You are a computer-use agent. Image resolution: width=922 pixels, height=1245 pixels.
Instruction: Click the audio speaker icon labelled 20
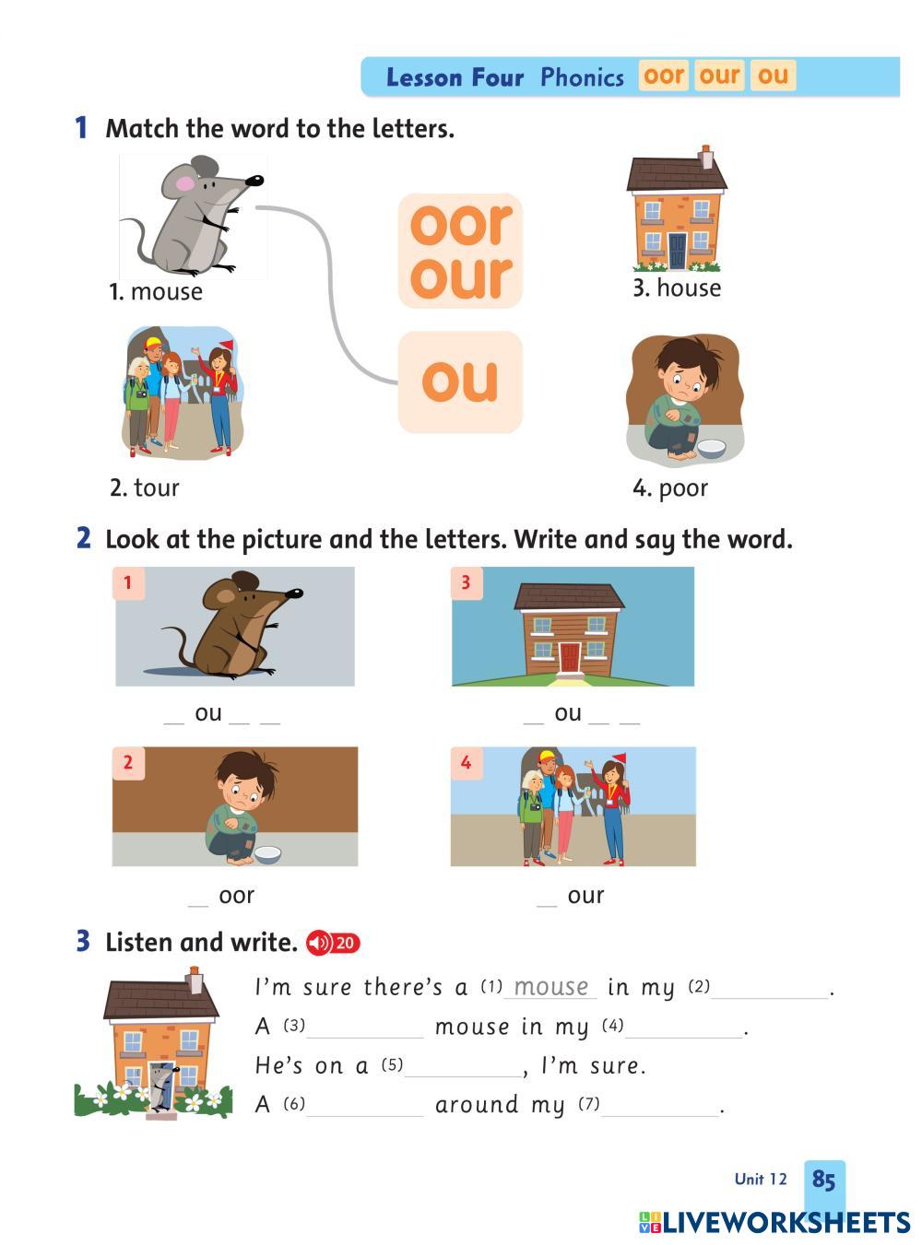click(333, 943)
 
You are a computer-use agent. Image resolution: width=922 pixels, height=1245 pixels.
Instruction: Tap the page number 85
click(823, 1179)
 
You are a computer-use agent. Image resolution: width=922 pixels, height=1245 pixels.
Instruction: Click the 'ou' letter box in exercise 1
click(460, 382)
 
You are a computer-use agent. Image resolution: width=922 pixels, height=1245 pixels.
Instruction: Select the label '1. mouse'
click(156, 292)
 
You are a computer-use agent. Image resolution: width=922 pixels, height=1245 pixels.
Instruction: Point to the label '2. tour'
click(145, 487)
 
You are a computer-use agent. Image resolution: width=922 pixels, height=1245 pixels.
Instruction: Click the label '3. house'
click(677, 288)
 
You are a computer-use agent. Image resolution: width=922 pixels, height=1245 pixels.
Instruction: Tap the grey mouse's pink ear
click(184, 183)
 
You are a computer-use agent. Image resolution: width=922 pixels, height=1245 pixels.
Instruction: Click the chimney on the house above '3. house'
click(705, 157)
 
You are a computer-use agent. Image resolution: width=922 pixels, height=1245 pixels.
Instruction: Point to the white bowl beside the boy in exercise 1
click(711, 448)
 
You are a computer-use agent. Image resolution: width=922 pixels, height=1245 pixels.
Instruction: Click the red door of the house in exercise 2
click(569, 657)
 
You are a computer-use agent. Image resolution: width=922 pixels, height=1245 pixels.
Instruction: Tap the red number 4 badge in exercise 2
click(466, 763)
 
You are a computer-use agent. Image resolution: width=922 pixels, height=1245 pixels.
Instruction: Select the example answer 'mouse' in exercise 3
click(551, 987)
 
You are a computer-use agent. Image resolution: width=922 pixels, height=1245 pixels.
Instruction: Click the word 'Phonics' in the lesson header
click(582, 76)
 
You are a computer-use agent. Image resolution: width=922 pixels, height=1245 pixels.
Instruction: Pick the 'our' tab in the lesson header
click(719, 76)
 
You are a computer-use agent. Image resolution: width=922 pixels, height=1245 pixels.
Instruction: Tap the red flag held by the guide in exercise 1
click(227, 344)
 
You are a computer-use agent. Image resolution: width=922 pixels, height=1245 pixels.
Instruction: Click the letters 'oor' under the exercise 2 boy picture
click(237, 896)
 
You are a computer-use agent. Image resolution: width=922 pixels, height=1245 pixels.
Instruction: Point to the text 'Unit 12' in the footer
click(761, 1179)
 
